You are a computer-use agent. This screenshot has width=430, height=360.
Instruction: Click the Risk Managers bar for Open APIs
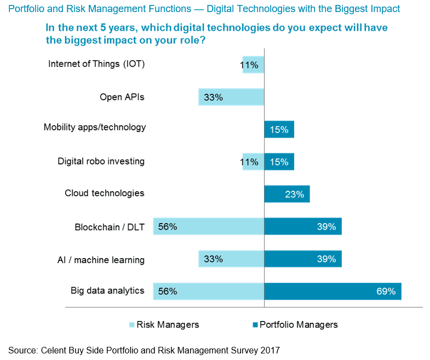click(231, 97)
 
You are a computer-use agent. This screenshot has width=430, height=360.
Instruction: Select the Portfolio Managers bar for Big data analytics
click(332, 291)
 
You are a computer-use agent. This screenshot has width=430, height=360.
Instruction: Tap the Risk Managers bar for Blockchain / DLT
click(209, 226)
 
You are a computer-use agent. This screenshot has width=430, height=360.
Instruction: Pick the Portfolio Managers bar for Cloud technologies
click(286, 194)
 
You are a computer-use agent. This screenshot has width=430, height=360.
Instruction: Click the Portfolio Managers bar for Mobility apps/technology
click(279, 129)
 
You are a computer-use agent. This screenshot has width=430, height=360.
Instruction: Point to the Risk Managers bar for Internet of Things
click(253, 65)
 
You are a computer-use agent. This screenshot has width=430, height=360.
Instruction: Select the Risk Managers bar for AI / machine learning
click(231, 259)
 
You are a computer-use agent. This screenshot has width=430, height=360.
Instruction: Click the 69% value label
click(386, 292)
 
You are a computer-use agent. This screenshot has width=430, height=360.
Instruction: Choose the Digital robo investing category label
click(101, 161)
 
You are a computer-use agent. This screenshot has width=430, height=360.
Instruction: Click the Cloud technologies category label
click(104, 193)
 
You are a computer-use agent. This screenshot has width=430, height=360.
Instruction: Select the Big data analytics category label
click(107, 290)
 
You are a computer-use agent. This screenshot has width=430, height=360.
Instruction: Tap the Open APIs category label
click(122, 97)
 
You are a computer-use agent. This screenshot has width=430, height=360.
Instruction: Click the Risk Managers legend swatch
click(131, 324)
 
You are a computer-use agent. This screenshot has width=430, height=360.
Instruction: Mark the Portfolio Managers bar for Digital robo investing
click(279, 162)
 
